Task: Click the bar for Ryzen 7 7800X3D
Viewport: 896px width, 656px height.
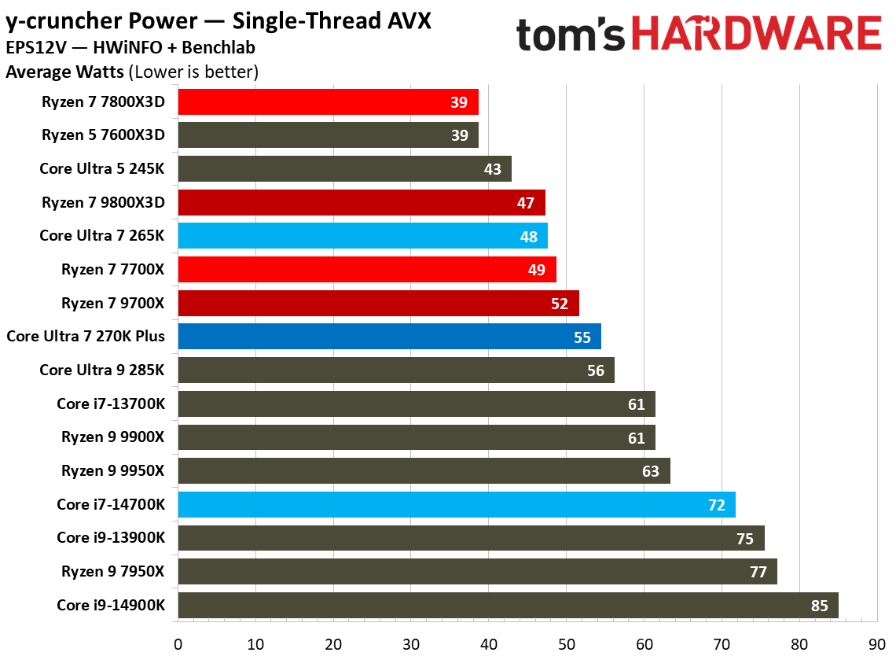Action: pyautogui.click(x=328, y=102)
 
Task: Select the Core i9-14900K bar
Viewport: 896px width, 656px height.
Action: pyautogui.click(x=508, y=606)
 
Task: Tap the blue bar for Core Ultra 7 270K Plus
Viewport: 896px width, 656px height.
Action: pyautogui.click(x=389, y=337)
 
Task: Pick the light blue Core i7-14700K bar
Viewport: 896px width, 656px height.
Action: pyautogui.click(x=456, y=505)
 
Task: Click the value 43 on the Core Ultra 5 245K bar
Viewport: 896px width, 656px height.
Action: pyautogui.click(x=493, y=169)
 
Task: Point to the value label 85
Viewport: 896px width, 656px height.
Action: pyautogui.click(x=819, y=606)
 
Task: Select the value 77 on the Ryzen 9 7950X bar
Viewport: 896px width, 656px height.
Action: pyautogui.click(x=758, y=572)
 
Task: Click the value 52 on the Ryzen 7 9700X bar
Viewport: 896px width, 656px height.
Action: pyautogui.click(x=560, y=304)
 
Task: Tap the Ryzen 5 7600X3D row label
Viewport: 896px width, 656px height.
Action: pyautogui.click(x=103, y=135)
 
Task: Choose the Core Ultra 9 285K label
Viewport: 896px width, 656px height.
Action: pyautogui.click(x=102, y=370)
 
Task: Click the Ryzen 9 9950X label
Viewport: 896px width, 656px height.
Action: pyautogui.click(x=113, y=471)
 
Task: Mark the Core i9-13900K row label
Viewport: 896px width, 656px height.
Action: pyautogui.click(x=111, y=538)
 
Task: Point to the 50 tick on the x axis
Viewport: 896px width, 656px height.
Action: pyautogui.click(x=567, y=643)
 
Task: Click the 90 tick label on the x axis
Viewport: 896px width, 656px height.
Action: pyautogui.click(x=877, y=643)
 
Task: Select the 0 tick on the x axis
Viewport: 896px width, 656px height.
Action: pyautogui.click(x=178, y=643)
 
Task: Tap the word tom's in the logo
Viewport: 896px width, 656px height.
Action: pyautogui.click(x=571, y=35)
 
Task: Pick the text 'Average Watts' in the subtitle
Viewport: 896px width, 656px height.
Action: pyautogui.click(x=64, y=73)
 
